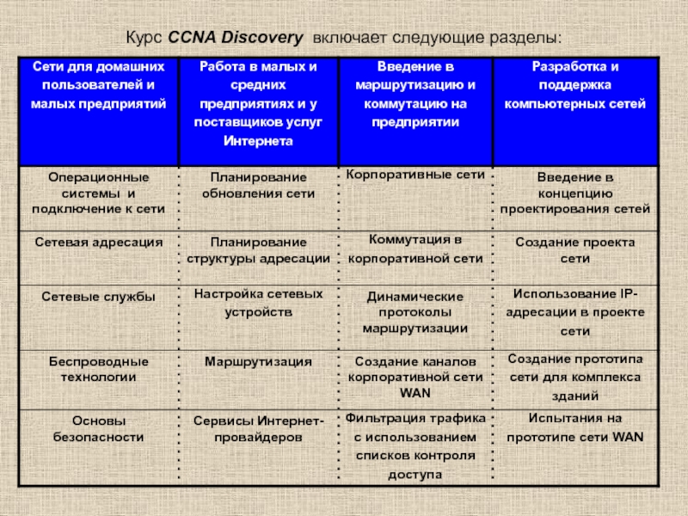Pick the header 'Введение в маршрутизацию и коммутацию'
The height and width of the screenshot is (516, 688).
point(415,94)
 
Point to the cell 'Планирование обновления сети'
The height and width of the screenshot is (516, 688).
point(258,185)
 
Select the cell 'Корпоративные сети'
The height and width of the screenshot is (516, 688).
point(415,175)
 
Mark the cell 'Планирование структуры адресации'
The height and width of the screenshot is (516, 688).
point(258,250)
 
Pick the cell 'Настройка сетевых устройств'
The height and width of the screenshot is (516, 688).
point(258,302)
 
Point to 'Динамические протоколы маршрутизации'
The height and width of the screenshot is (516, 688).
point(415,312)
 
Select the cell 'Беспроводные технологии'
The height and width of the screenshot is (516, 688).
point(97,369)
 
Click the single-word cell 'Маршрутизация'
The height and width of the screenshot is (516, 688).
point(258,361)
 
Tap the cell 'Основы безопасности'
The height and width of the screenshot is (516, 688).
point(97,428)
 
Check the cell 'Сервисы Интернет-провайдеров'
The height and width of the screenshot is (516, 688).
point(258,428)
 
